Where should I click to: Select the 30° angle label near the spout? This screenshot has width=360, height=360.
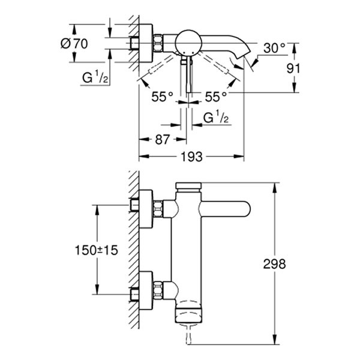pyautogui.click(x=273, y=48)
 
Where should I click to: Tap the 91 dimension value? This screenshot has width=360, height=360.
pyautogui.click(x=293, y=68)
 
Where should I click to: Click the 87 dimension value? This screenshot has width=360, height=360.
pyautogui.click(x=160, y=139)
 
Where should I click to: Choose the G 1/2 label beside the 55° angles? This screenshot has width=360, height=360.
pyautogui.click(x=216, y=118)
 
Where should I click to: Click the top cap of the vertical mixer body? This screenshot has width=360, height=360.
pyautogui.click(x=190, y=186)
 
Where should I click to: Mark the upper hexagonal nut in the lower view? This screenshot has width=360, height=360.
pyautogui.click(x=160, y=208)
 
